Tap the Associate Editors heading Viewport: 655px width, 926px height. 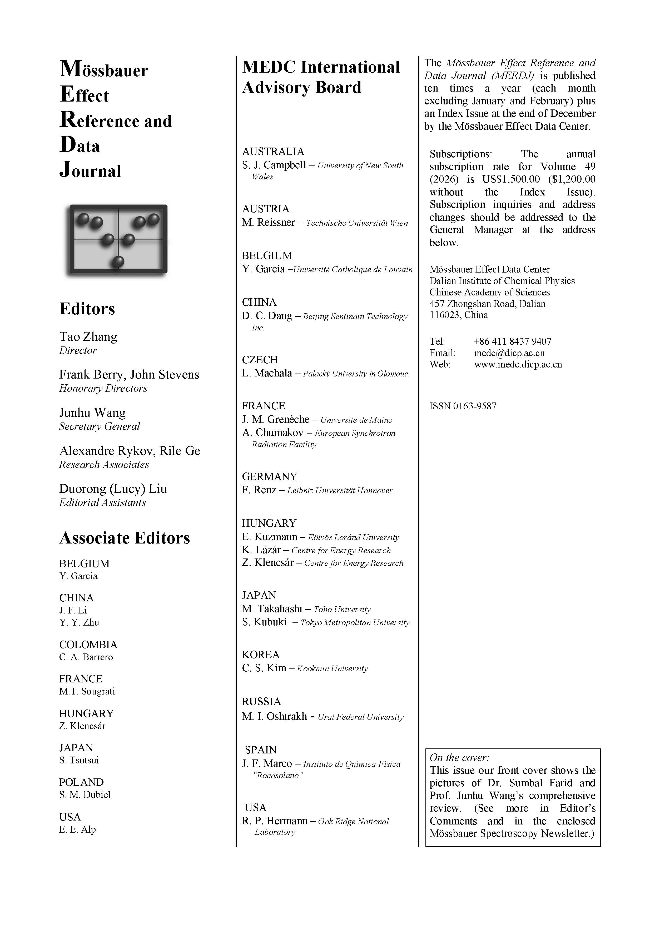pos(124,538)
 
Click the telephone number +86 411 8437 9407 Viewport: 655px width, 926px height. pos(512,342)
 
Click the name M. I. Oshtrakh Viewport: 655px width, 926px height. pos(274,717)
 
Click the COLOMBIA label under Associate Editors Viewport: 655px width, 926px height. pos(88,645)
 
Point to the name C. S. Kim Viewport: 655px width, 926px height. pos(264,668)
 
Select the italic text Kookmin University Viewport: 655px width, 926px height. pos(332,669)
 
